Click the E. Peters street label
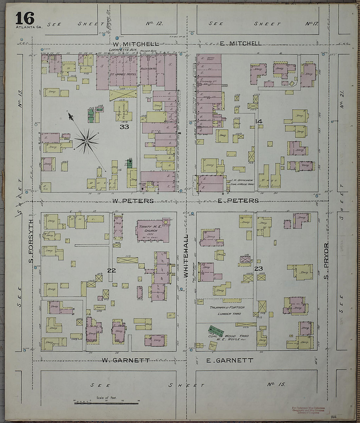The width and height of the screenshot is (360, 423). tap(238, 201)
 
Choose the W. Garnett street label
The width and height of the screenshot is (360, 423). tap(126, 360)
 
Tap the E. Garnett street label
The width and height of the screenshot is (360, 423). tap(230, 360)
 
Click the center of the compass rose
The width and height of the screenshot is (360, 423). tap(86, 141)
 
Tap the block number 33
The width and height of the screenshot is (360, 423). tap(124, 127)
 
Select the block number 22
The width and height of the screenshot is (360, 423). tap(112, 270)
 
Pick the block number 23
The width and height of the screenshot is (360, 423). tap(259, 269)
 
